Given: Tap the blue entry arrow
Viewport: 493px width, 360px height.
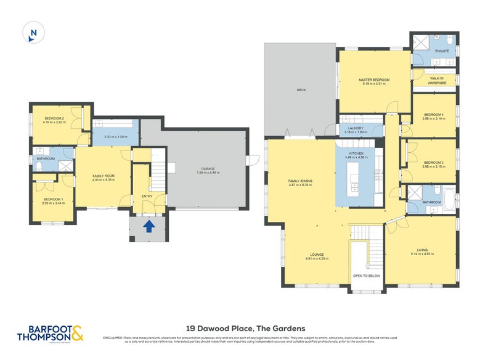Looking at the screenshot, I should [149, 227].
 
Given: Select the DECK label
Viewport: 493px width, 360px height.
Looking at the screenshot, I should [301, 90].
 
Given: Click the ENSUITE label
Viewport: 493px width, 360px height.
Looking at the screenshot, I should [442, 51].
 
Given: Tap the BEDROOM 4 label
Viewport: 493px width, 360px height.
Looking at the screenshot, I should [434, 114].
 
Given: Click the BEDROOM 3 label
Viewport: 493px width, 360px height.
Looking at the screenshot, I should [434, 162].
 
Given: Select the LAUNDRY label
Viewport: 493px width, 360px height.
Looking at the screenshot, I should [356, 128].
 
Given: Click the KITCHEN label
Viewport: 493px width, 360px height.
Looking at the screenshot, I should [356, 153].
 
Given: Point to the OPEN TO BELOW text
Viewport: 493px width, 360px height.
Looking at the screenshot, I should [365, 276].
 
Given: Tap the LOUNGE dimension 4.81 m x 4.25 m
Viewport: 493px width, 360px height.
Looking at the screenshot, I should [318, 259].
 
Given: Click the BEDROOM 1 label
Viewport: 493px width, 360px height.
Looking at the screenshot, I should [54, 199].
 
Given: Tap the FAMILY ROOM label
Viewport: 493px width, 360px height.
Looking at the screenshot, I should [104, 176].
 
